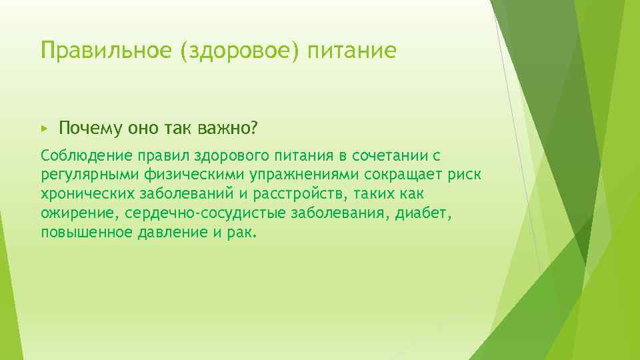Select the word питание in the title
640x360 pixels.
pyautogui.click(x=352, y=51)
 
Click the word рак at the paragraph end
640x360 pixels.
pyautogui.click(x=244, y=233)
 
